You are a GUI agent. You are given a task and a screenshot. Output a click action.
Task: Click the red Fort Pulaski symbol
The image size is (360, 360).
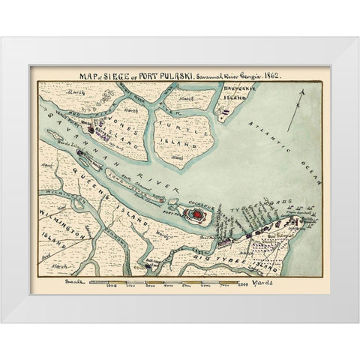(196, 214)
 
